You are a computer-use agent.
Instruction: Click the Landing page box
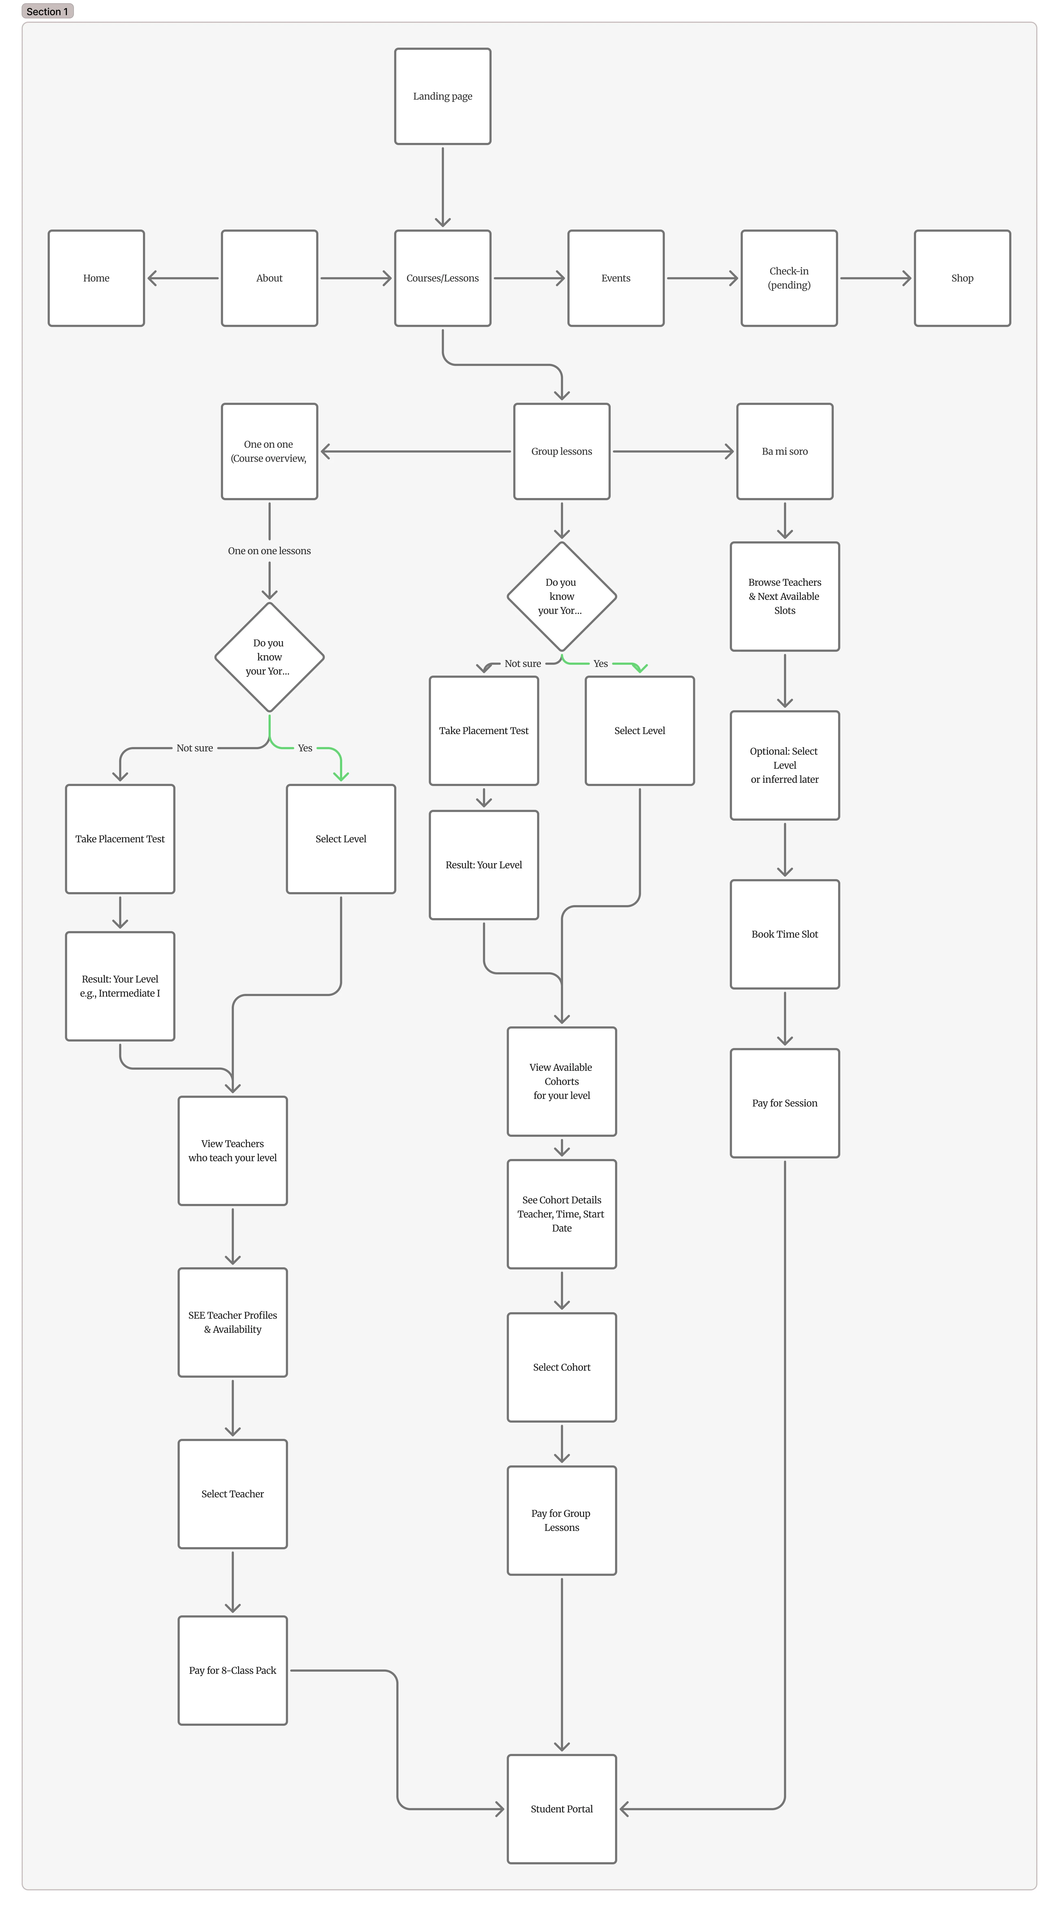[x=442, y=96]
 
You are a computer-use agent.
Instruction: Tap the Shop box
[x=962, y=278]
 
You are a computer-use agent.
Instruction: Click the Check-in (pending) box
[x=789, y=278]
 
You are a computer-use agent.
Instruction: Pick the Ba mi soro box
[x=785, y=451]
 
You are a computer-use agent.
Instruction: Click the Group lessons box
[x=562, y=451]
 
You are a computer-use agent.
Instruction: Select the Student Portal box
[x=562, y=1809]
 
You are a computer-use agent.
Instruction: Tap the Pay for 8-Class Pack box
[x=232, y=1670]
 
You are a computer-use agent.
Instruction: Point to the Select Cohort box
[x=562, y=1367]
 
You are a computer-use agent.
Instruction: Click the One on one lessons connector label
[x=269, y=551]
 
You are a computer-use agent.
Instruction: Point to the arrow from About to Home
[x=183, y=278]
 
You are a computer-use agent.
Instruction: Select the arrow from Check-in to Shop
[x=876, y=278]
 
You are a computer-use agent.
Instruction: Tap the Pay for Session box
[x=785, y=1103]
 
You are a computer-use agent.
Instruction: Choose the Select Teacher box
[x=232, y=1494]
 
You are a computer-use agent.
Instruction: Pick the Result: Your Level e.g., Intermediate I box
[x=120, y=986]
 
